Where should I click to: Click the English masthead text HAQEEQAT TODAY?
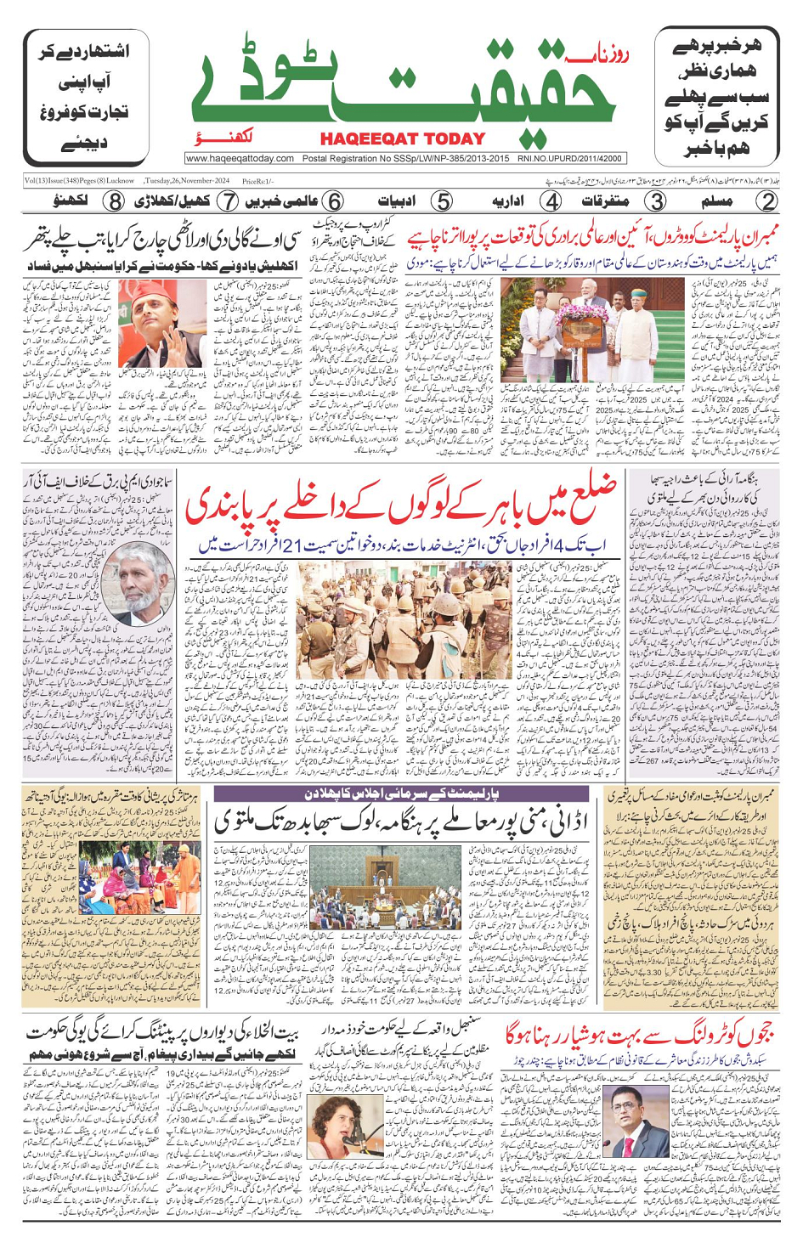coord(403,138)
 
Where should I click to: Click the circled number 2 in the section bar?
coord(767,201)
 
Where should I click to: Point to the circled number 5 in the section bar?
coord(442,201)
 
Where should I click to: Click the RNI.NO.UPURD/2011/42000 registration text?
coord(570,159)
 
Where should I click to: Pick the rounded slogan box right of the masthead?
coord(716,96)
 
